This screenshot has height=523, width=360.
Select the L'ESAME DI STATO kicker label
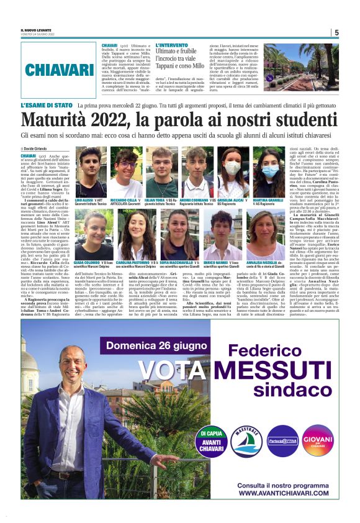(x=46, y=106)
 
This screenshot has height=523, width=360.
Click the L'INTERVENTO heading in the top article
(x=173, y=46)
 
